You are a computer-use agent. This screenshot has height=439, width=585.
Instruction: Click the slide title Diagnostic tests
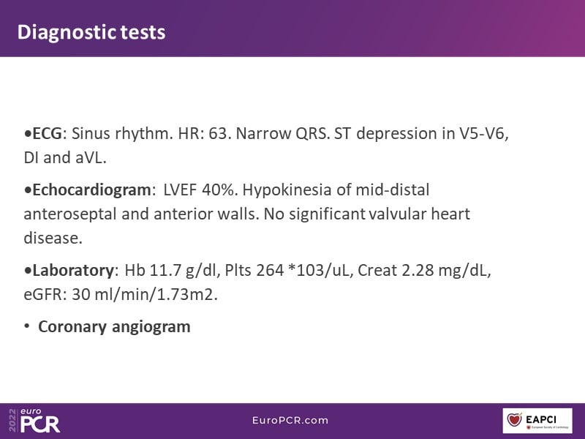coord(91,32)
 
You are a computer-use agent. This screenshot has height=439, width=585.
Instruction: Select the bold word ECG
coord(47,133)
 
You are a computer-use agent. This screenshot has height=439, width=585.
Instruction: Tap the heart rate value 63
coord(217,133)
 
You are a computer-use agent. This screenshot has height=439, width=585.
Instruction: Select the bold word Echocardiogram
coord(91,190)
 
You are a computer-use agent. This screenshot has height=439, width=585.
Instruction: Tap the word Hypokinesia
coord(287,190)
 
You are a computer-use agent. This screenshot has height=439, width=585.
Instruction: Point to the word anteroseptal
coord(70,214)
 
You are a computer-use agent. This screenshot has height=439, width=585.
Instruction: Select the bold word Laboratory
coord(72,271)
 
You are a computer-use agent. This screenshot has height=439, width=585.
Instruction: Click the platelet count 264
coord(270,270)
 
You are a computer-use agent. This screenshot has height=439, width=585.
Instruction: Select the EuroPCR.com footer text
coord(290,420)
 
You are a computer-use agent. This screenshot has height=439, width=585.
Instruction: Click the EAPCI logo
coord(537,421)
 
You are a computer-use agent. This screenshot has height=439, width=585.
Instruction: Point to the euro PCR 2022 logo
coord(34,420)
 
